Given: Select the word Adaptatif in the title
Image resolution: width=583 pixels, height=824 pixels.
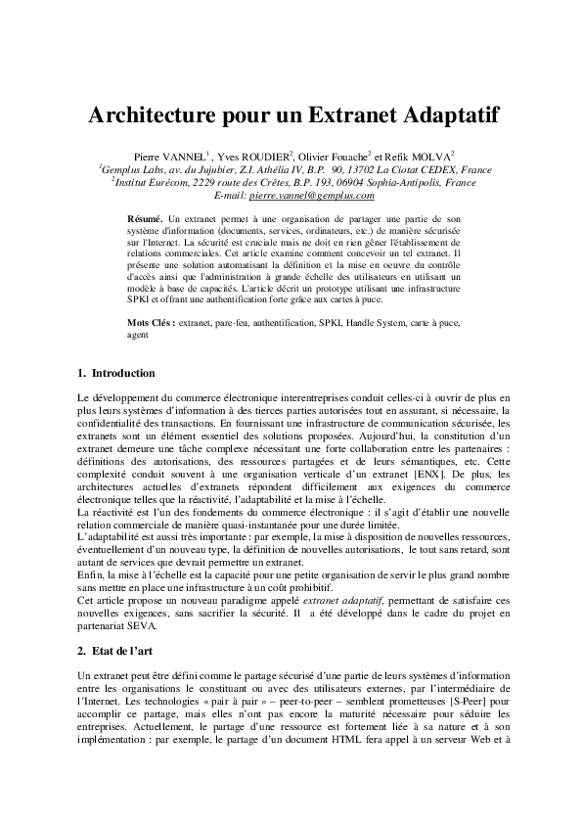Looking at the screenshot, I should (440, 116).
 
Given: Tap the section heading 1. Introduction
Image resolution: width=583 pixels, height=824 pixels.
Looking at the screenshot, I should (114, 373).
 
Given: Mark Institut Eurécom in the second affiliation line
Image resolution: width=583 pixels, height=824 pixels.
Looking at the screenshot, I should (154, 182).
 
